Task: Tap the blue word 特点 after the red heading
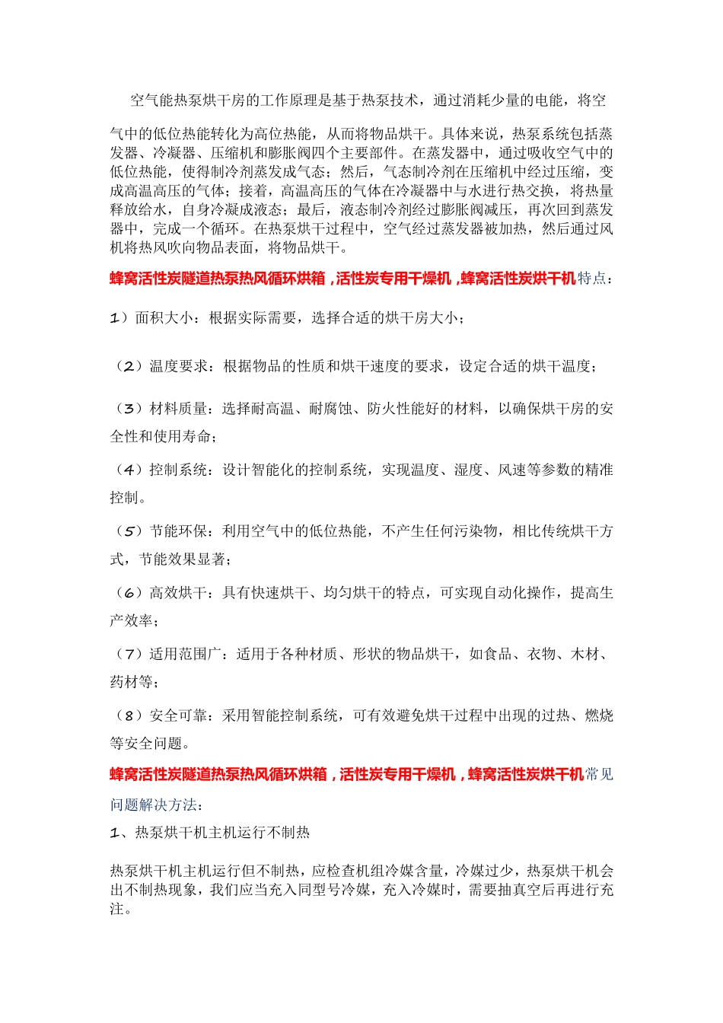[591, 279]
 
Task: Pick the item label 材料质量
[179, 410]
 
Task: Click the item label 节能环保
[179, 531]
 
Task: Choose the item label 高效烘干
[179, 593]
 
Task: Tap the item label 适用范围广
[186, 655]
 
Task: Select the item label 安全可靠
[179, 716]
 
